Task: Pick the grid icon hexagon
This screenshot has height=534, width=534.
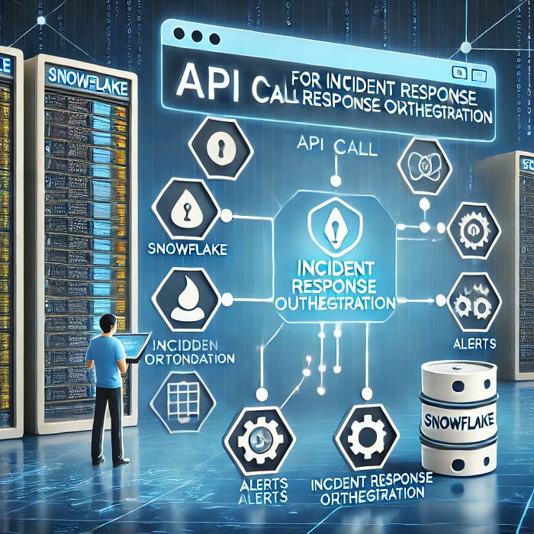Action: click(x=182, y=397)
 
